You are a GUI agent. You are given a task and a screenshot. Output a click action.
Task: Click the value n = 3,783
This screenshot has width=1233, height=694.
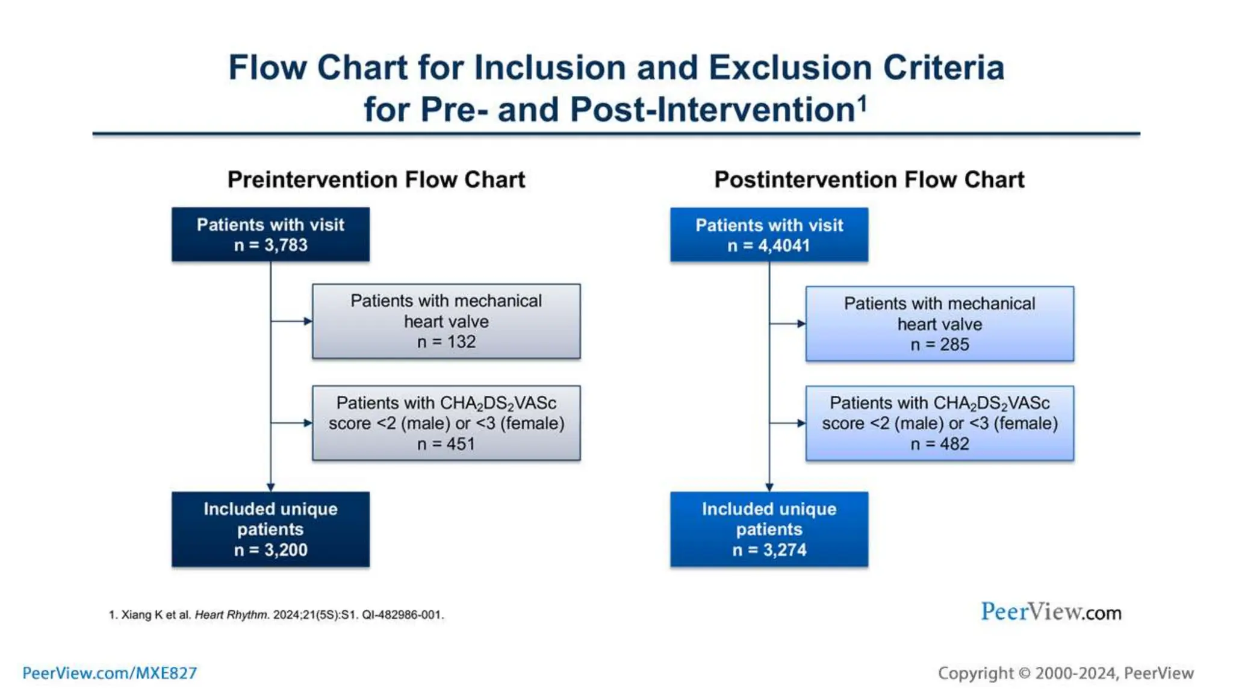[x=270, y=245]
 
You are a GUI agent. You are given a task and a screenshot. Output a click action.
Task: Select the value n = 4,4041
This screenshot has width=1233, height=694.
[x=769, y=246]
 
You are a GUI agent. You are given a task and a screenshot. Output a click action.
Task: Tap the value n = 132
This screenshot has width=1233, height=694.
[x=446, y=342]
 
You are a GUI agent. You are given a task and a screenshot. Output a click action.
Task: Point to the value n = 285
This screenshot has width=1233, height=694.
[x=939, y=345]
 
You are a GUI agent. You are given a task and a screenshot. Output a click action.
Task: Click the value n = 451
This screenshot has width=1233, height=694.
[x=446, y=444]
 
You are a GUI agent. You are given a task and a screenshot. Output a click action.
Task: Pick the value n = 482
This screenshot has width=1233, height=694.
[x=939, y=444]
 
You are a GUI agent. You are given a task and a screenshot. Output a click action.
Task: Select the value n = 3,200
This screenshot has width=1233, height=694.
[x=270, y=550]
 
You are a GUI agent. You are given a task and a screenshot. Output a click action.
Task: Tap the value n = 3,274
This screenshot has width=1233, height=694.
[x=769, y=550]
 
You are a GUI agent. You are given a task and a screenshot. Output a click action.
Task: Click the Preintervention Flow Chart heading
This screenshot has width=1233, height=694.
[x=376, y=180]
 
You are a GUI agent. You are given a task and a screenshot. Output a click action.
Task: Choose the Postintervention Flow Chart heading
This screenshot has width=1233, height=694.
[x=869, y=180]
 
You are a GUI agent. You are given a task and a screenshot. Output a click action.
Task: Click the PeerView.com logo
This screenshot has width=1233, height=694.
[x=1051, y=612]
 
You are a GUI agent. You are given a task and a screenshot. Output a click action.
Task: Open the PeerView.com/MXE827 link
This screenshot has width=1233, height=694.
[x=110, y=673]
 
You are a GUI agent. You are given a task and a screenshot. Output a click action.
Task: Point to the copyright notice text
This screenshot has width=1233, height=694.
[x=1065, y=673]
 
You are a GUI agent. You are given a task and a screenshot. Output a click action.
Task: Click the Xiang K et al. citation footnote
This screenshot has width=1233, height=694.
[x=276, y=614]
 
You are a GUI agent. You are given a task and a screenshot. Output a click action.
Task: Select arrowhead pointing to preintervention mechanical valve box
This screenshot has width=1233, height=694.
[x=308, y=321]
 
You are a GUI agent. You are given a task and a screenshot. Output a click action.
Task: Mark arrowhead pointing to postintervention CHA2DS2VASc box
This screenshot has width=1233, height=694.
[x=801, y=423]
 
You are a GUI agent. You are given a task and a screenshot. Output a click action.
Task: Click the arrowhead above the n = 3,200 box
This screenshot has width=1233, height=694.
[x=270, y=487]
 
